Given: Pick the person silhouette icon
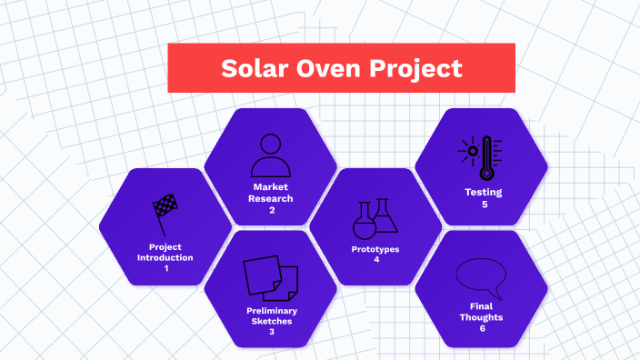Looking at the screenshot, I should click(x=271, y=156).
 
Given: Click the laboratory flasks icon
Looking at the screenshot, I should click(x=375, y=218).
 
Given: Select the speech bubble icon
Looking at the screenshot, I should click(x=481, y=275).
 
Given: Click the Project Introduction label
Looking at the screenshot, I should click(x=165, y=252).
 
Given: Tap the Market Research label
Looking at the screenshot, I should click(x=271, y=193).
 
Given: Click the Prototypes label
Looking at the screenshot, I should click(x=375, y=249).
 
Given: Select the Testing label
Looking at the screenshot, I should click(x=483, y=193).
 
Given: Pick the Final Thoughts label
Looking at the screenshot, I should click(x=483, y=312).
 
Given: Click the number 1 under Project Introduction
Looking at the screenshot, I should click(x=166, y=269).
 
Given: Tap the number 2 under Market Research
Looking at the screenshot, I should click(x=271, y=210).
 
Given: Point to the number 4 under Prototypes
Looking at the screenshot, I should click(x=375, y=260).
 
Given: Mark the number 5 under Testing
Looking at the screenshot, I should click(x=484, y=205).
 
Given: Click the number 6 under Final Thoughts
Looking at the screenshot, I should click(x=483, y=328).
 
